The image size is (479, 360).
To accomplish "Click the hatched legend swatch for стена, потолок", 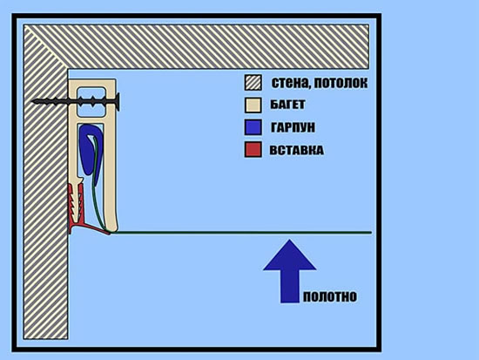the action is [x=253, y=83].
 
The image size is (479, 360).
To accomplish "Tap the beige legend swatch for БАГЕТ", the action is [x=253, y=105].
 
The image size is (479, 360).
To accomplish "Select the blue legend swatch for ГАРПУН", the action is [x=253, y=127].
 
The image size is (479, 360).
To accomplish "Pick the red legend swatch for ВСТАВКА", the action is [x=253, y=150].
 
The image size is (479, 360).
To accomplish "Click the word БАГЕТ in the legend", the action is [x=287, y=105].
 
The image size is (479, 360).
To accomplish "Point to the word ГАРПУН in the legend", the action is [x=293, y=127].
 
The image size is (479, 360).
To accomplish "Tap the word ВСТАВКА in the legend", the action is [x=296, y=150].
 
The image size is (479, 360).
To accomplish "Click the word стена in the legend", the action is [x=290, y=83].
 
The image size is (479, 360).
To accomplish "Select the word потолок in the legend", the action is [x=341, y=83].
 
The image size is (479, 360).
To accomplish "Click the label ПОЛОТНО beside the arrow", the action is [x=330, y=296].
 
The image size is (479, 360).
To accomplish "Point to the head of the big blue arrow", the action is [x=289, y=255].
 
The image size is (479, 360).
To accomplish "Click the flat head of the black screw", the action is [x=117, y=102].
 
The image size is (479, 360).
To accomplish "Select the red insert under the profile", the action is [x=78, y=211].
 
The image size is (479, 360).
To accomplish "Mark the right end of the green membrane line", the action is [x=370, y=233].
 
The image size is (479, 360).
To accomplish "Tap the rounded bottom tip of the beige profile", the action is [x=111, y=229].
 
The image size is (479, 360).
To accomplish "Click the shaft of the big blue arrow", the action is [x=290, y=286].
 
